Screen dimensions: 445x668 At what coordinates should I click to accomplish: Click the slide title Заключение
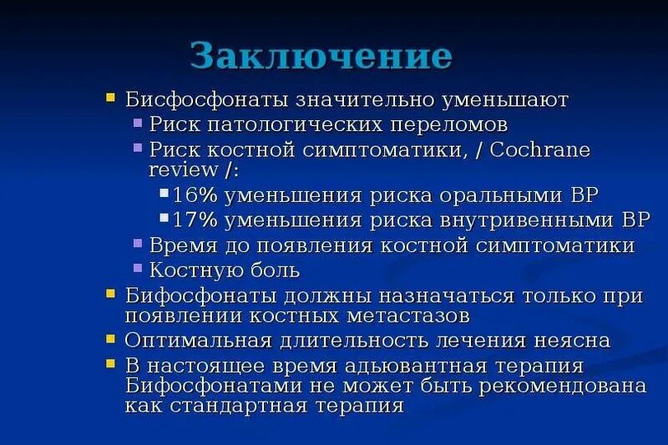click(x=321, y=56)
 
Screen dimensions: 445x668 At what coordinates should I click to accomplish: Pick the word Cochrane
click(x=517, y=150)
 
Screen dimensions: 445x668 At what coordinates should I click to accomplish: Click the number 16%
click(x=195, y=195)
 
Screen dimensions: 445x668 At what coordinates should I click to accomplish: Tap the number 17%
click(x=195, y=220)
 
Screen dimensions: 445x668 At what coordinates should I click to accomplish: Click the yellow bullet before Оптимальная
click(x=111, y=339)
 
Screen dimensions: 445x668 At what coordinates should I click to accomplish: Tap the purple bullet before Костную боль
click(x=138, y=268)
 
